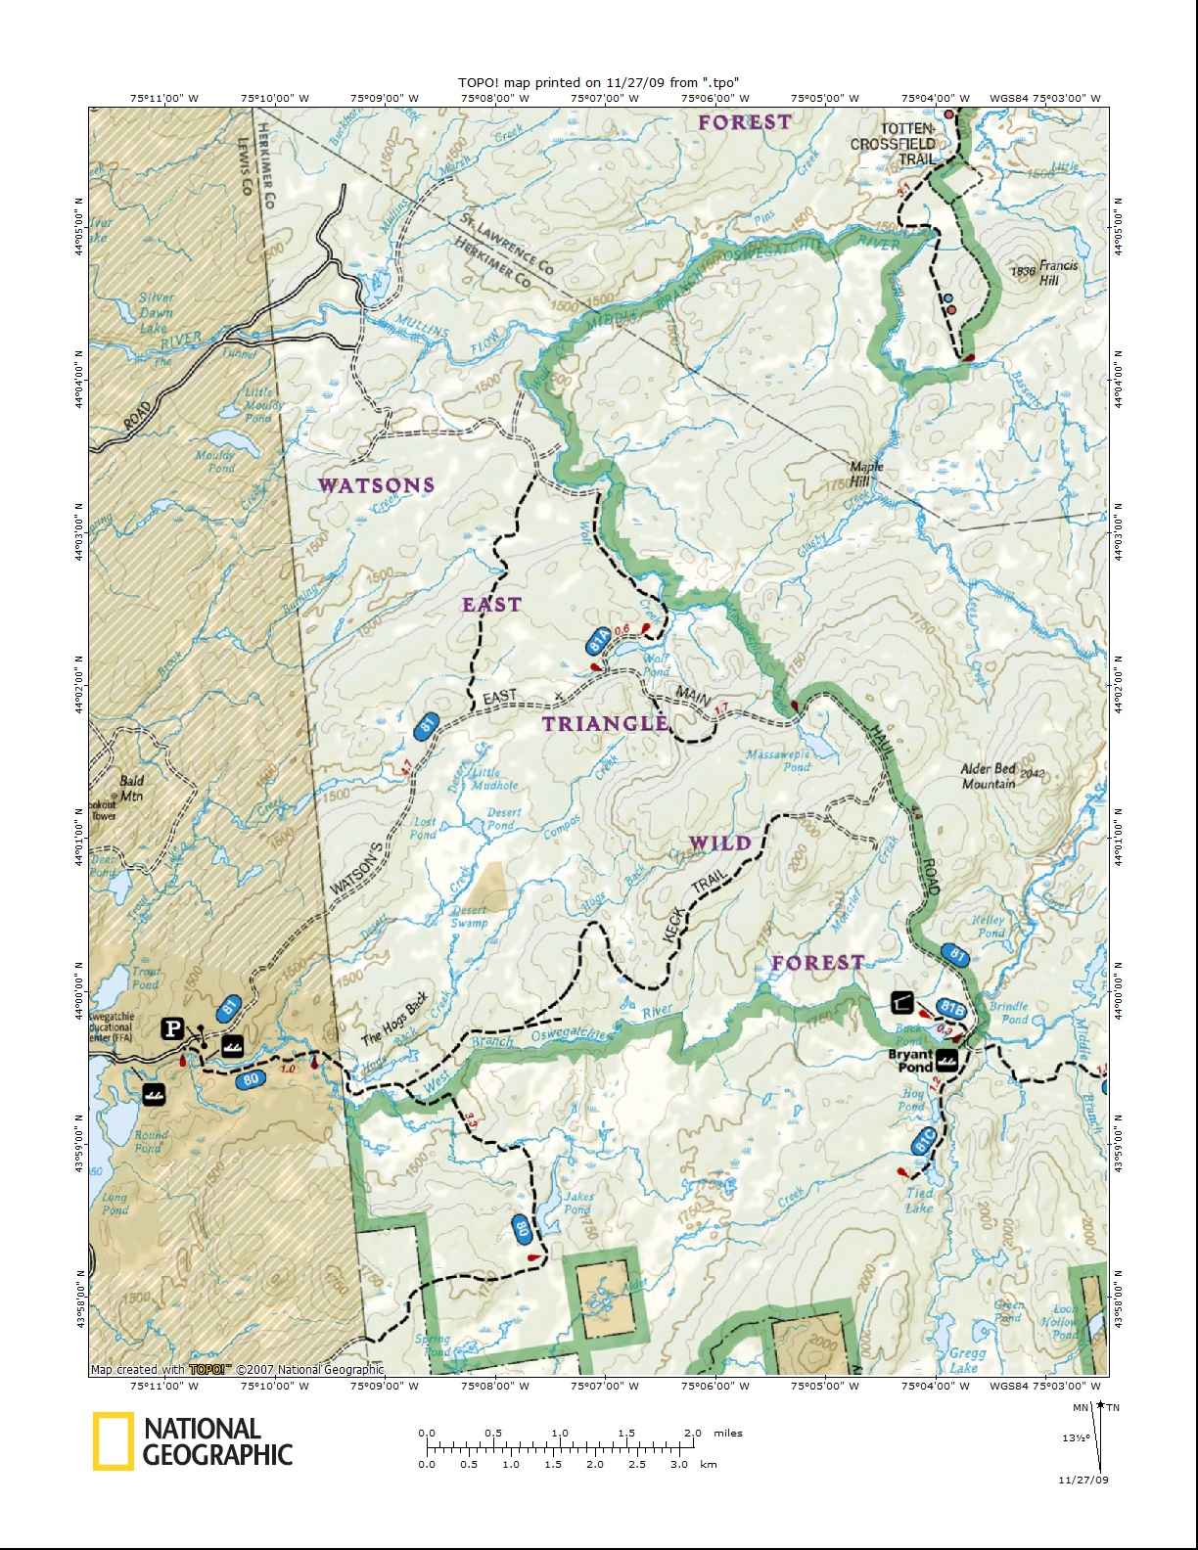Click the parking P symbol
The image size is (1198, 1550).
click(172, 1028)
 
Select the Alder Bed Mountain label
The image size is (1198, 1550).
click(989, 776)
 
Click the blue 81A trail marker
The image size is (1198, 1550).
click(598, 642)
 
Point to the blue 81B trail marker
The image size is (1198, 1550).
click(951, 1008)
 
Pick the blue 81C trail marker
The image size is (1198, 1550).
click(924, 1141)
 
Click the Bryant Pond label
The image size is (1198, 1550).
click(910, 1061)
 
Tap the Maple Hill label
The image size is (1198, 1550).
click(866, 474)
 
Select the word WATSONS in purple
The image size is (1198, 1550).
click(376, 485)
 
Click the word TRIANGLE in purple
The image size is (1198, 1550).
click(606, 723)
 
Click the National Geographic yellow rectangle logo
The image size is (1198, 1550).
click(114, 1441)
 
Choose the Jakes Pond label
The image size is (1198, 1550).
click(578, 1202)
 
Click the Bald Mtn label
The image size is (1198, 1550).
click(131, 788)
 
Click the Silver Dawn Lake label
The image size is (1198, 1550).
click(155, 312)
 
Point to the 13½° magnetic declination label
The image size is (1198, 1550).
click(1076, 1437)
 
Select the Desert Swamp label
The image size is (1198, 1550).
click(470, 916)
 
